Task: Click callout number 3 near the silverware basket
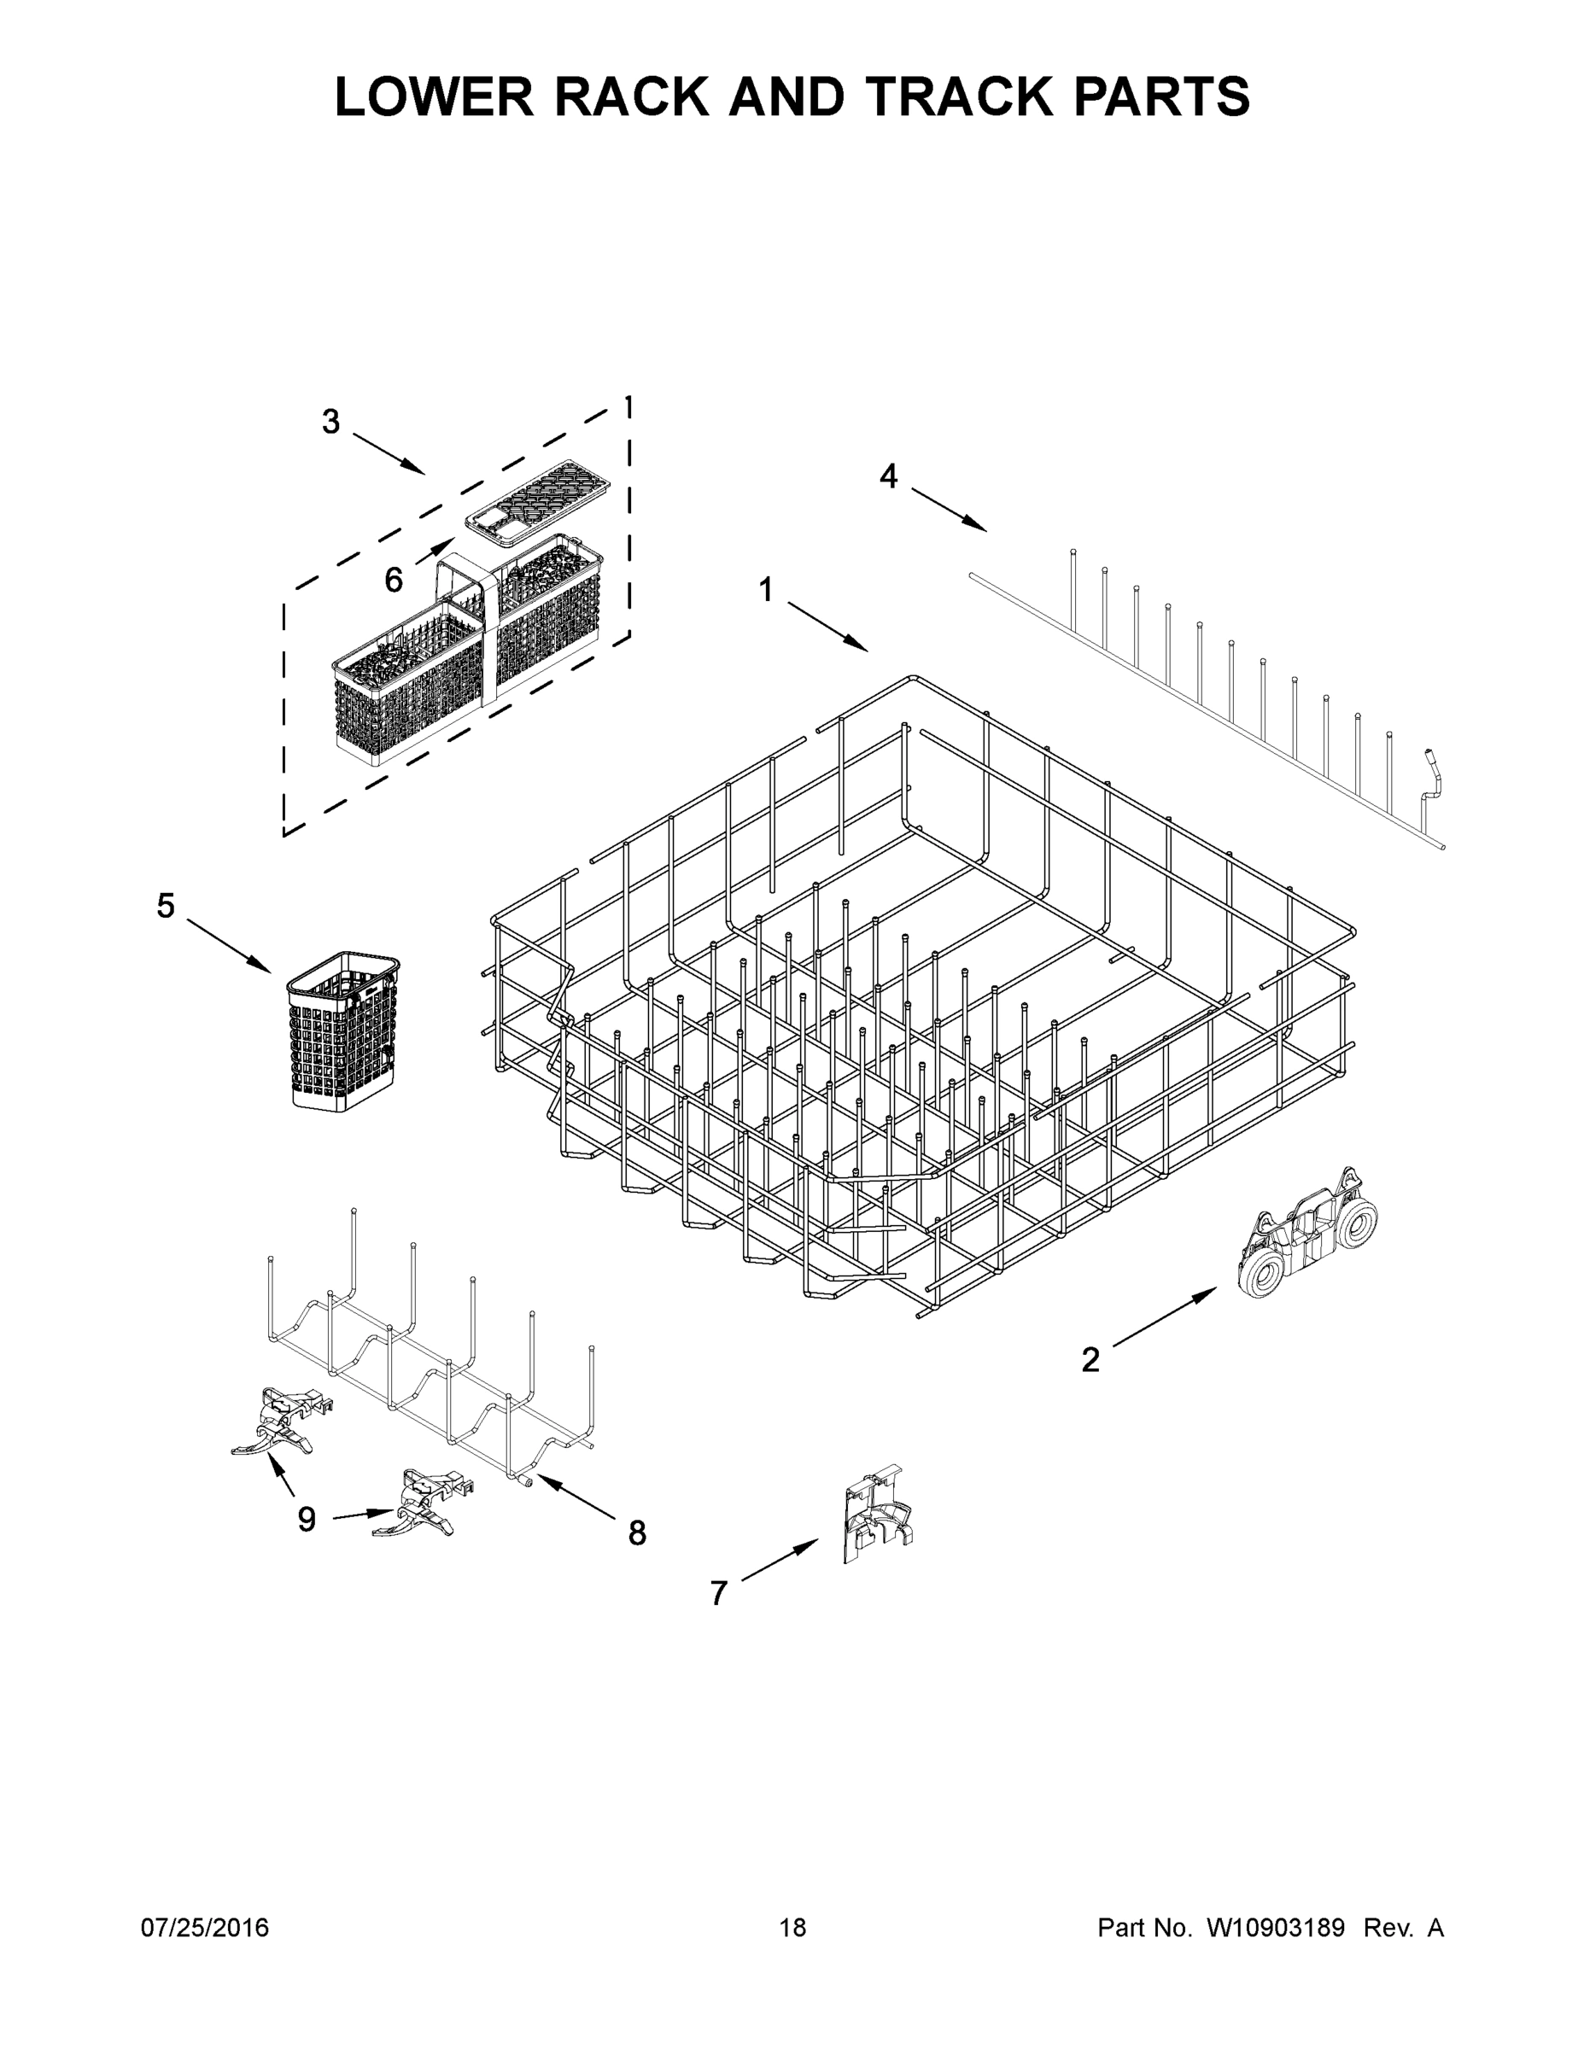(x=330, y=423)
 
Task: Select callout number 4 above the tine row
(x=888, y=476)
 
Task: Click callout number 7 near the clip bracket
(x=718, y=1593)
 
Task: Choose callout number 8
(x=637, y=1533)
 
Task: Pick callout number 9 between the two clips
(x=307, y=1519)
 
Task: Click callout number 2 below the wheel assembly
(x=1090, y=1359)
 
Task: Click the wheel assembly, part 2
(x=1307, y=1233)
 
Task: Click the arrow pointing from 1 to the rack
(x=827, y=627)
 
